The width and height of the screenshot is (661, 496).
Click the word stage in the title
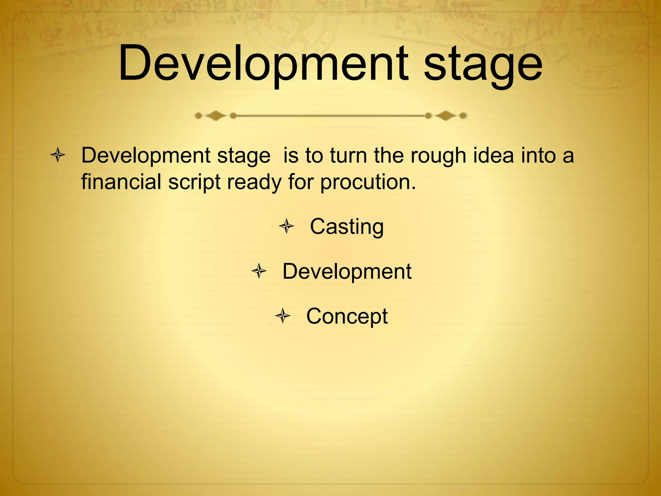483,66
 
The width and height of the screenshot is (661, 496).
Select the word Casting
347,227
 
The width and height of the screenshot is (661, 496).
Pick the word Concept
347,316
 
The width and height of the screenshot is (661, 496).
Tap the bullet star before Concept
283,316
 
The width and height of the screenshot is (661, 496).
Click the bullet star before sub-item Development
259,271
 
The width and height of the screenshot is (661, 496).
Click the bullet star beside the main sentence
58,155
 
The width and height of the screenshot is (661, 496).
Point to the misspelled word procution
368,182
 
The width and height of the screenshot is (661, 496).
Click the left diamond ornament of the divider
215,116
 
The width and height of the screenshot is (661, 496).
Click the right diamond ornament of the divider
445,115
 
